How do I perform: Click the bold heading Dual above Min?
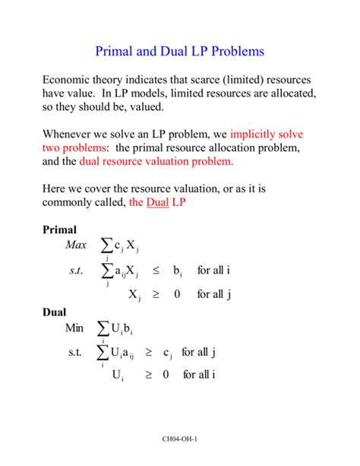[54, 312]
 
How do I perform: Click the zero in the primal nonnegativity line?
[177, 293]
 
